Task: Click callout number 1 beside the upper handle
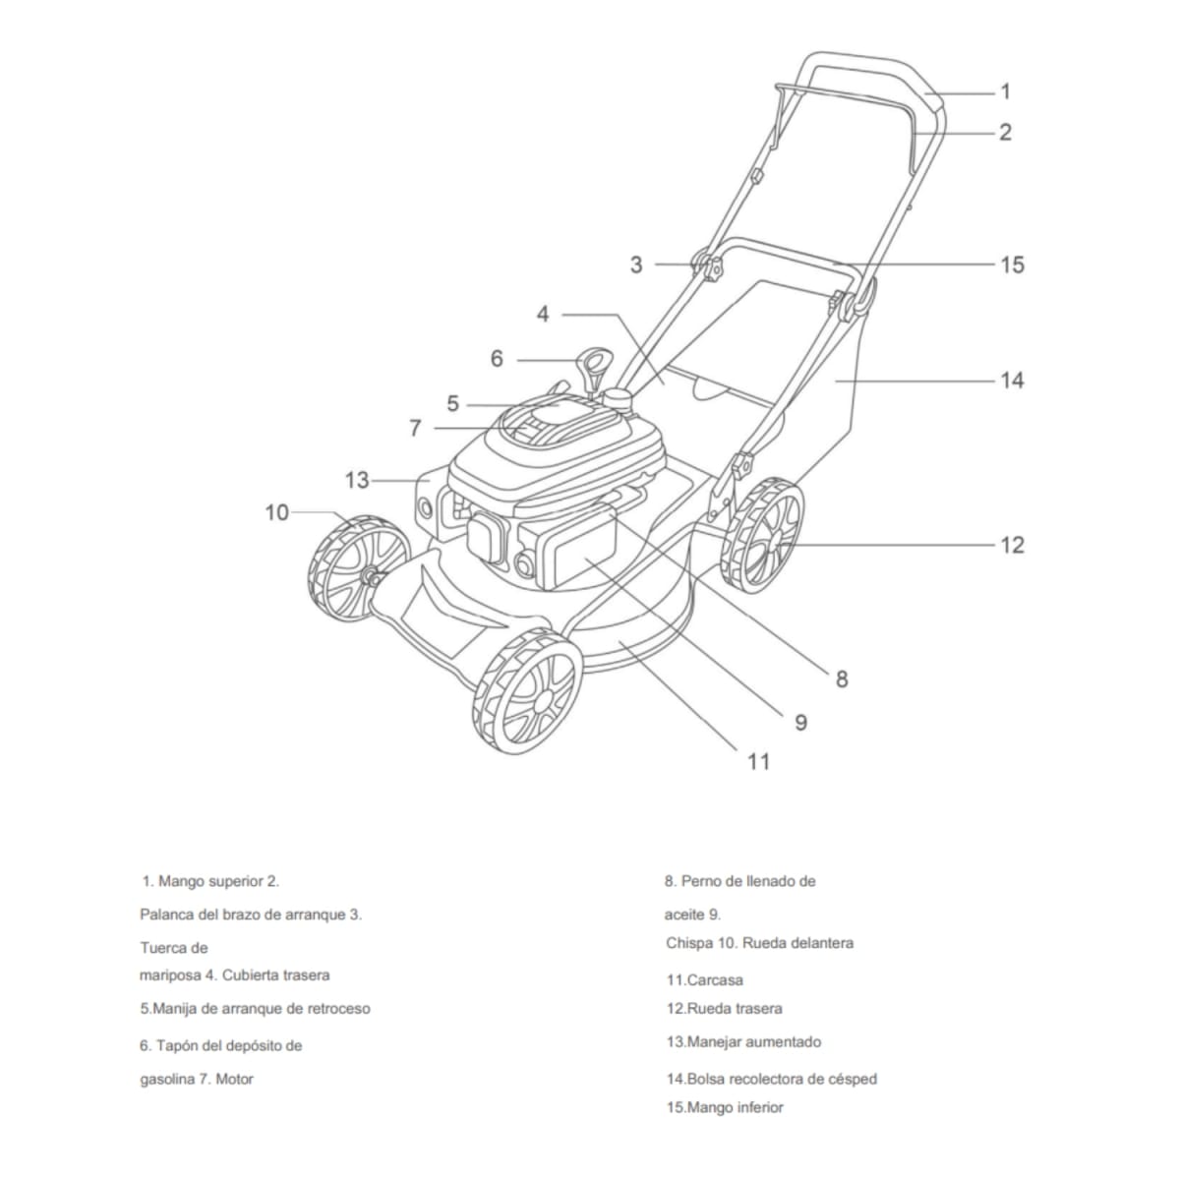pyautogui.click(x=1005, y=91)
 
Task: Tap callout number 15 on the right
pyautogui.click(x=1012, y=265)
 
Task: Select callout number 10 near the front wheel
pyautogui.click(x=277, y=512)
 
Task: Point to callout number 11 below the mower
pyautogui.click(x=758, y=761)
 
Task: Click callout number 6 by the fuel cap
pyautogui.click(x=497, y=359)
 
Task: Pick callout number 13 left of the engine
pyautogui.click(x=357, y=480)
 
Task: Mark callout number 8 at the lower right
pyautogui.click(x=842, y=678)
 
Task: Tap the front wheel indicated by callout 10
pyautogui.click(x=356, y=568)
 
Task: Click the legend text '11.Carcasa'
pyautogui.click(x=705, y=979)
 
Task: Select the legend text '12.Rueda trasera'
pyautogui.click(x=725, y=1008)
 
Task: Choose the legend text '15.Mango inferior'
pyautogui.click(x=725, y=1107)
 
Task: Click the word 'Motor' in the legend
pyautogui.click(x=234, y=1079)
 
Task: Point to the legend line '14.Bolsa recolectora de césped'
pyautogui.click(x=772, y=1079)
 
